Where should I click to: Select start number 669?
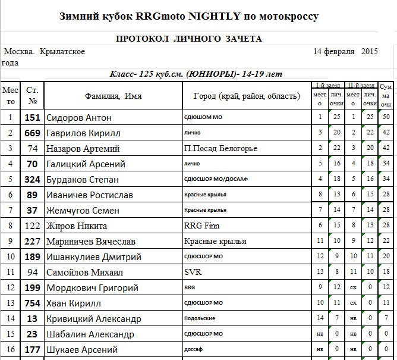tap(32, 133)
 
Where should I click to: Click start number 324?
tap(32, 180)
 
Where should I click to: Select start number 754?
tap(32, 303)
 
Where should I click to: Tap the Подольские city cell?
tap(200, 319)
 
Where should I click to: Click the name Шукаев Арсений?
tap(82, 350)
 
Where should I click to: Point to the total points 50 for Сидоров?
tap(386, 118)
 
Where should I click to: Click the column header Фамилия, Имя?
tap(114, 96)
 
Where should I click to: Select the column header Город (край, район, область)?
tap(246, 96)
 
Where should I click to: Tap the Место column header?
tap(10, 96)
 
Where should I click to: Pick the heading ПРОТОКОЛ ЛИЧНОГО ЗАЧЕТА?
tap(189, 39)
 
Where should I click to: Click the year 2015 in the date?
tap(369, 52)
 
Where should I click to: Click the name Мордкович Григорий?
tap(92, 288)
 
